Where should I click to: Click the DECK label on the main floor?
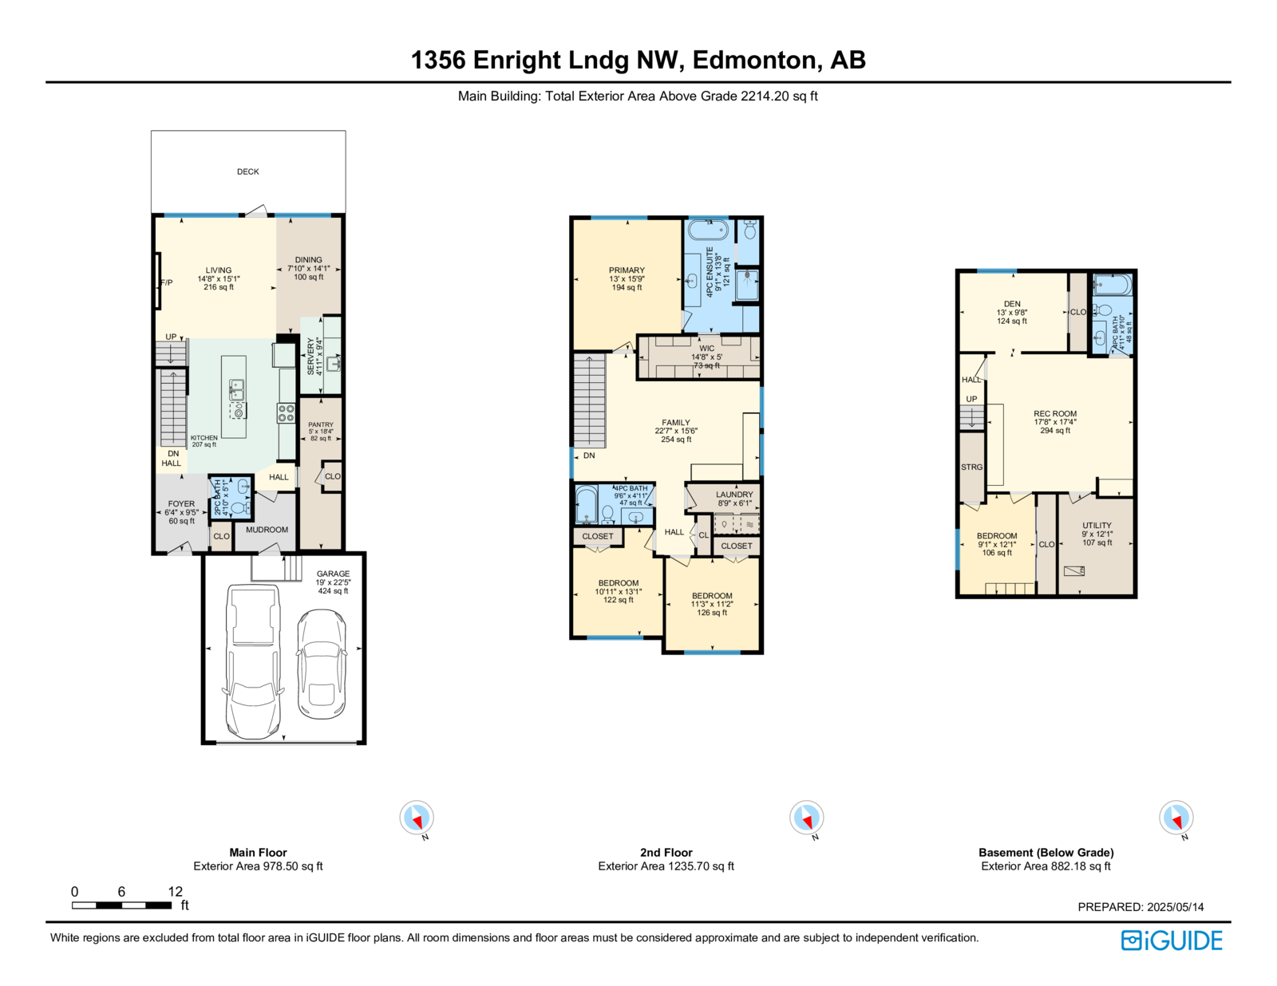tap(247, 172)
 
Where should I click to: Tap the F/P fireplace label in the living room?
tap(167, 282)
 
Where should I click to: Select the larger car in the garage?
tap(253, 661)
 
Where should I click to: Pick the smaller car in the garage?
tap(321, 665)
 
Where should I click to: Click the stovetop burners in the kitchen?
tap(287, 413)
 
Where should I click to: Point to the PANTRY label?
tap(320, 424)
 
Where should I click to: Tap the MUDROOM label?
tap(267, 529)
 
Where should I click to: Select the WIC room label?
tap(706, 349)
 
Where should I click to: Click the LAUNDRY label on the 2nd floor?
tap(734, 495)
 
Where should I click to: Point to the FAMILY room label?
tap(676, 422)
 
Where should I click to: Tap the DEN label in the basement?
tap(1012, 304)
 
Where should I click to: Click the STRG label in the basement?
tap(971, 467)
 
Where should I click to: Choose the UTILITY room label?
tap(1097, 525)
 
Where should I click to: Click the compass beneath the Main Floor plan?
tap(417, 817)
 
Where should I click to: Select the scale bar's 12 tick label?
tap(175, 891)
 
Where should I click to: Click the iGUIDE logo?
tap(1171, 941)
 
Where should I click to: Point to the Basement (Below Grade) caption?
tap(1046, 852)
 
